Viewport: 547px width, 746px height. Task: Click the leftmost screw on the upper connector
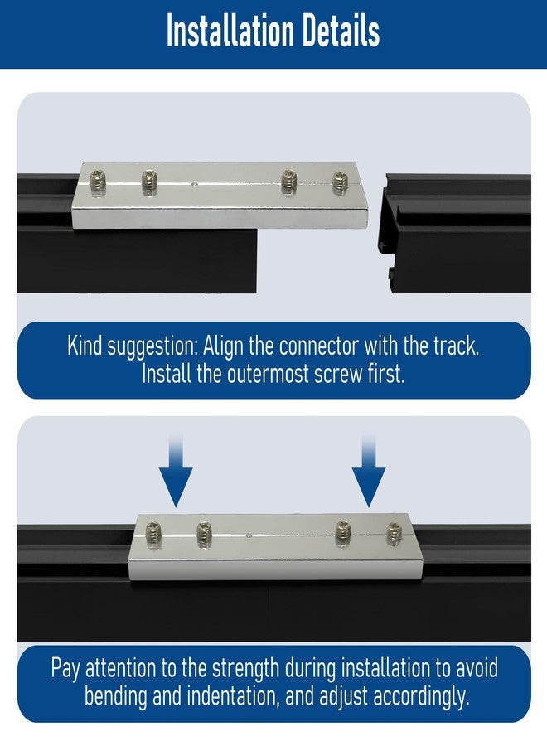[98, 182]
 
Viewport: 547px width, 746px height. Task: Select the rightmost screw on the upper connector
[340, 183]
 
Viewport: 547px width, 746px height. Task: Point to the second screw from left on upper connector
[149, 182]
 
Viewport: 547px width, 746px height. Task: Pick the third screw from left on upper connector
[288, 182]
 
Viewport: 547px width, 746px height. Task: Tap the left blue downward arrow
[176, 470]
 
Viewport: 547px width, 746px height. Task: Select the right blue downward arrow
[369, 470]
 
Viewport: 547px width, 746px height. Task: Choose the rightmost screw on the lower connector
[394, 534]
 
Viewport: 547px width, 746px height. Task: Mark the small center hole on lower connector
[249, 535]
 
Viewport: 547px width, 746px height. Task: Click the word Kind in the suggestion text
[85, 346]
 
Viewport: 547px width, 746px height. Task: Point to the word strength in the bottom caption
[245, 669]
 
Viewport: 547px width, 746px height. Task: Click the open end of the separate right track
[386, 233]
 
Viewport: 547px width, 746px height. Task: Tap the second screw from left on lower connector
[204, 533]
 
